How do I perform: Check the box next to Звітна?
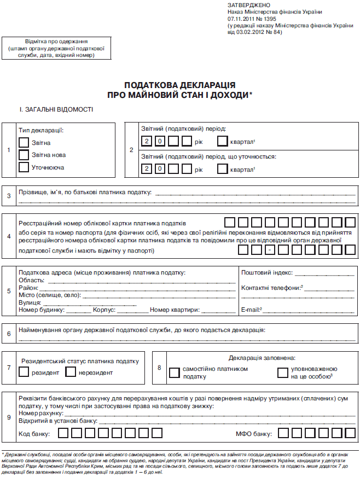coord(24,142)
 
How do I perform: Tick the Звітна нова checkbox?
coord(24,155)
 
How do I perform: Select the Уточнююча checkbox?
coord(24,167)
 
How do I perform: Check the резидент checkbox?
coord(24,372)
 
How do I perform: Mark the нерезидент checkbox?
coord(70,372)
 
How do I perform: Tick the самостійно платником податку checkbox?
coord(174,373)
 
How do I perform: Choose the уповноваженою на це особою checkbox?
coord(282,373)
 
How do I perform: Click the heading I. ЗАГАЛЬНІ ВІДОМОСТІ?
coord(56,109)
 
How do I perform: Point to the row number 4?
coord(9,237)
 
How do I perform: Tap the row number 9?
coord(9,418)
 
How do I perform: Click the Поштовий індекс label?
coord(266,272)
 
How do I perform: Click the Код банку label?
coord(34,434)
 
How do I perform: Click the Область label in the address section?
coord(31,280)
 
